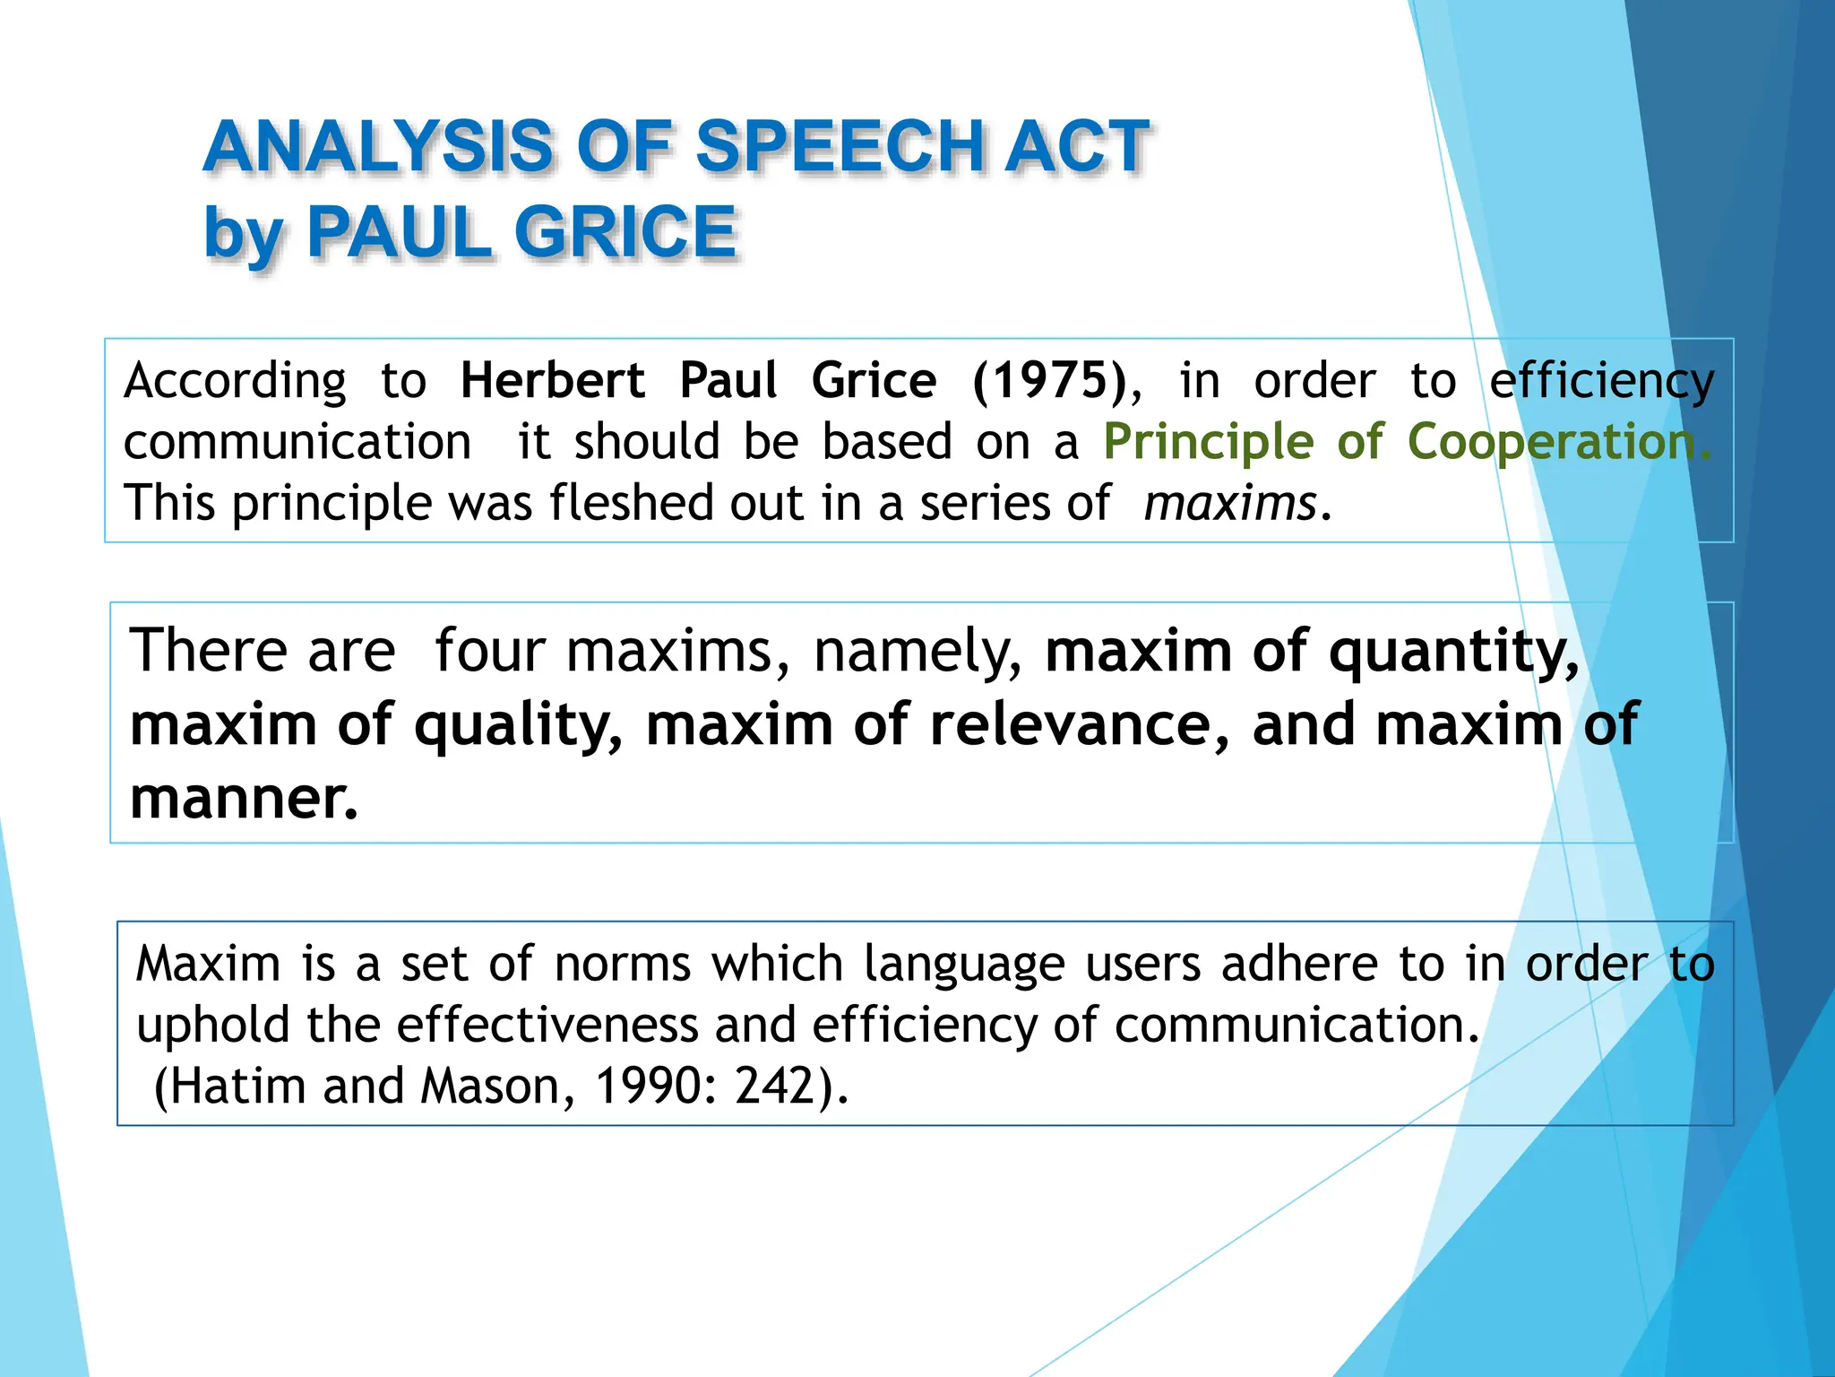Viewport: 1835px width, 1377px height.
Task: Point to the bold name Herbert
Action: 552,380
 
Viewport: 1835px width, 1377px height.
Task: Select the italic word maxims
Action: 1230,503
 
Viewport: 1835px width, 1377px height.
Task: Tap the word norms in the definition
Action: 623,965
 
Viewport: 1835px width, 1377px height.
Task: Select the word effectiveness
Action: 547,1025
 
